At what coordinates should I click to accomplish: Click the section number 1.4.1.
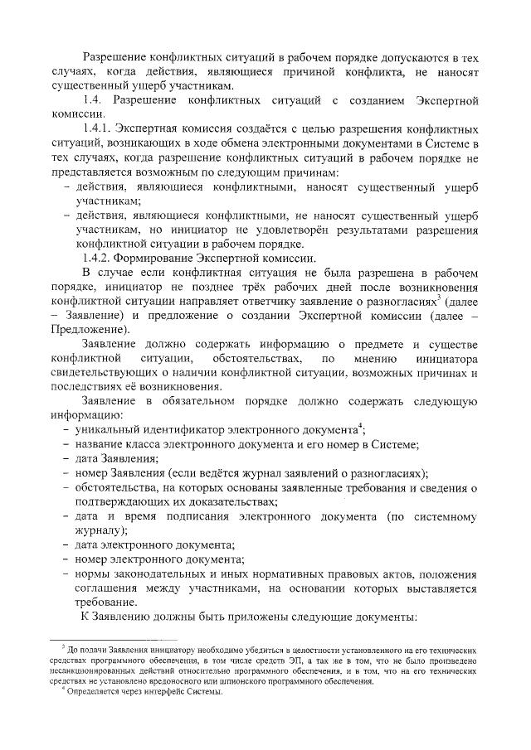[97, 130]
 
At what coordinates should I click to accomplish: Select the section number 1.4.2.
[97, 257]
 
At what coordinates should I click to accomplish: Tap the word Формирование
[158, 257]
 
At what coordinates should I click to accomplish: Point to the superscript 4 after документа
[359, 426]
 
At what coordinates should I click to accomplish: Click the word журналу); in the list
[100, 531]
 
